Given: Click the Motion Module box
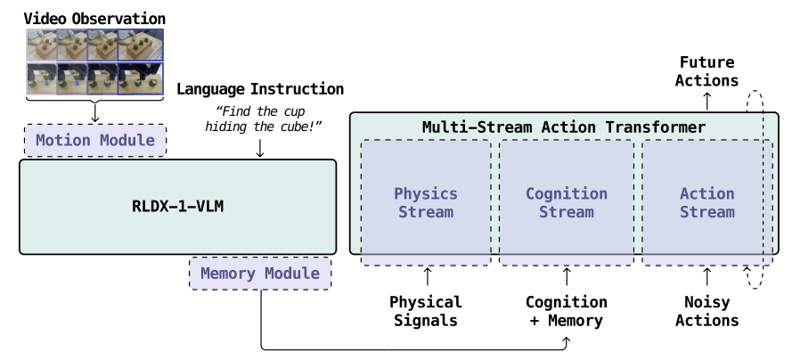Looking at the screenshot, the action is pos(95,140).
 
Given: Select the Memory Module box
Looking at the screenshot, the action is pos(260,274).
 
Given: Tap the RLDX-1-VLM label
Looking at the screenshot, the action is pos(178,207).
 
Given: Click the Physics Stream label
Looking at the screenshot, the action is pos(426,202).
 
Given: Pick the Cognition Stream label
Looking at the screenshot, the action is pos(567,202).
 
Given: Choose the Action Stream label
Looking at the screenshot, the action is pos(707,202).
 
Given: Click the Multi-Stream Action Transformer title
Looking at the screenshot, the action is pos(564,127).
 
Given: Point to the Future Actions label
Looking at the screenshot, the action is pos(707,71).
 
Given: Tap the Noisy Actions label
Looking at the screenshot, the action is pos(707,311).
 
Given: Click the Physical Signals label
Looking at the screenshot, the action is pos(426,311).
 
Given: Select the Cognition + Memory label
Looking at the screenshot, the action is pos(567,311).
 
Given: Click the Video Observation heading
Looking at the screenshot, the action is pos(94,19).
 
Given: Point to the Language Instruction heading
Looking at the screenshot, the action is pos(260,89).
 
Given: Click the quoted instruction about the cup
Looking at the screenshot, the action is pos(263,119).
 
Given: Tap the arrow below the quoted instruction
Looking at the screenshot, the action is pos(260,147).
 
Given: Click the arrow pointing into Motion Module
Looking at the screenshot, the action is pos(95,111).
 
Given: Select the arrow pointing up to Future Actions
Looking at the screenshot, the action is pos(707,101).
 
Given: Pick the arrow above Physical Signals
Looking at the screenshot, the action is pos(428,277).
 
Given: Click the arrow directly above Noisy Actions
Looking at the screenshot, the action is pos(707,277).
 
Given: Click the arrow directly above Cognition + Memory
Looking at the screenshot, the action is pos(567,277).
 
